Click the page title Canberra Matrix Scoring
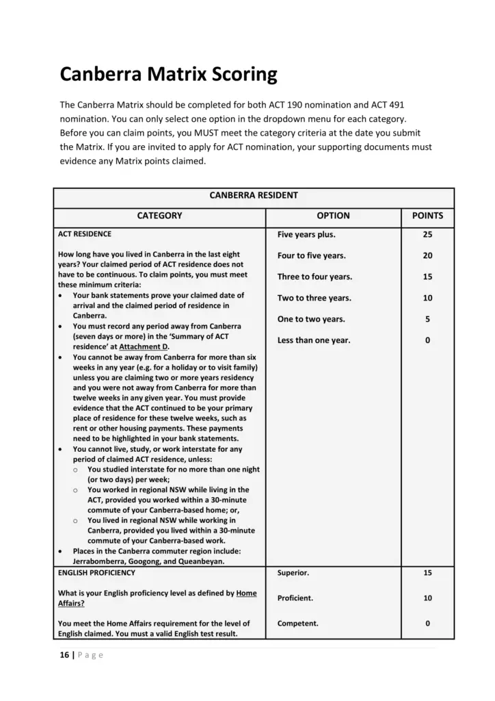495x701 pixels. tap(168, 74)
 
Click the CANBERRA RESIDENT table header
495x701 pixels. tap(253, 195)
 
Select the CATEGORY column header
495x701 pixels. tap(159, 216)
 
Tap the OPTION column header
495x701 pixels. tap(333, 216)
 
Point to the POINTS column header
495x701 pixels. tap(427, 216)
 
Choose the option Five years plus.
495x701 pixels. tap(306, 235)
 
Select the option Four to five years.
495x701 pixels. tap(311, 256)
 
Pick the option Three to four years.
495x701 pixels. tap(315, 277)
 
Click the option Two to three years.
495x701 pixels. tap(314, 298)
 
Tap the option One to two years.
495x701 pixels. tap(311, 320)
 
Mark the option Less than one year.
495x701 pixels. tap(314, 341)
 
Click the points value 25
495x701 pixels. tap(427, 235)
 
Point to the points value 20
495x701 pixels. tap(427, 256)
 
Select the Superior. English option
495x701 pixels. tap(293, 572)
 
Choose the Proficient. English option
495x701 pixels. tap(295, 598)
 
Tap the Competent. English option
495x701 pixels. tap(297, 624)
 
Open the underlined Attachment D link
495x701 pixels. tap(144, 347)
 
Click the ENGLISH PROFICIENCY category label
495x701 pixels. tap(96, 572)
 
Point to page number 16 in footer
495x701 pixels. tap(64, 655)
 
